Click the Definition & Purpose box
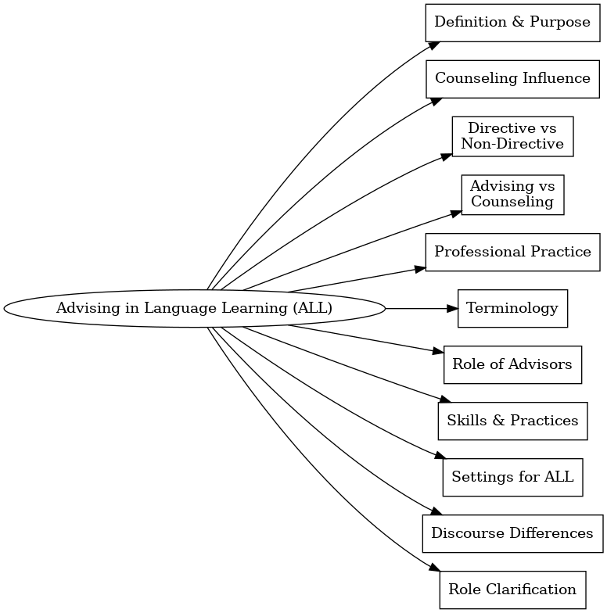pos(512,22)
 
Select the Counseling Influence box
pos(512,78)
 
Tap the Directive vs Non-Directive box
pos(512,136)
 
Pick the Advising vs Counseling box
pos(512,194)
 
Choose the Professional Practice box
pos(512,252)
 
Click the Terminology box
pos(512,308)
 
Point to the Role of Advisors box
pos(512,364)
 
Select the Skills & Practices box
pos(512,421)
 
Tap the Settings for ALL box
pos(512,477)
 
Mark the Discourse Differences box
pos(512,533)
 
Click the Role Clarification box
pos(512,590)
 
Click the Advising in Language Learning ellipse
pos(194,308)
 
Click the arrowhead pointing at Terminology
pos(451,308)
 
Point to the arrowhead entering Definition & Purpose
pos(433,45)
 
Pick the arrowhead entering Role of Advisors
pos(438,352)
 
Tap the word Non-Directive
pos(512,144)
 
